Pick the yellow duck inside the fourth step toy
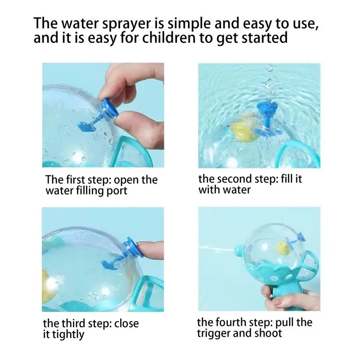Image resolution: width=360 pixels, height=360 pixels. pos(284,248)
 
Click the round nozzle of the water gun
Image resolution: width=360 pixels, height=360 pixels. pos(240,251)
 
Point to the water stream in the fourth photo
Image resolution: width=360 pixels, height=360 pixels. pos(216,249)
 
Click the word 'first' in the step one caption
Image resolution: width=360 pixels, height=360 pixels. pos(75,180)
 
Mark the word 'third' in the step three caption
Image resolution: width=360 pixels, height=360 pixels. pos(73,324)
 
